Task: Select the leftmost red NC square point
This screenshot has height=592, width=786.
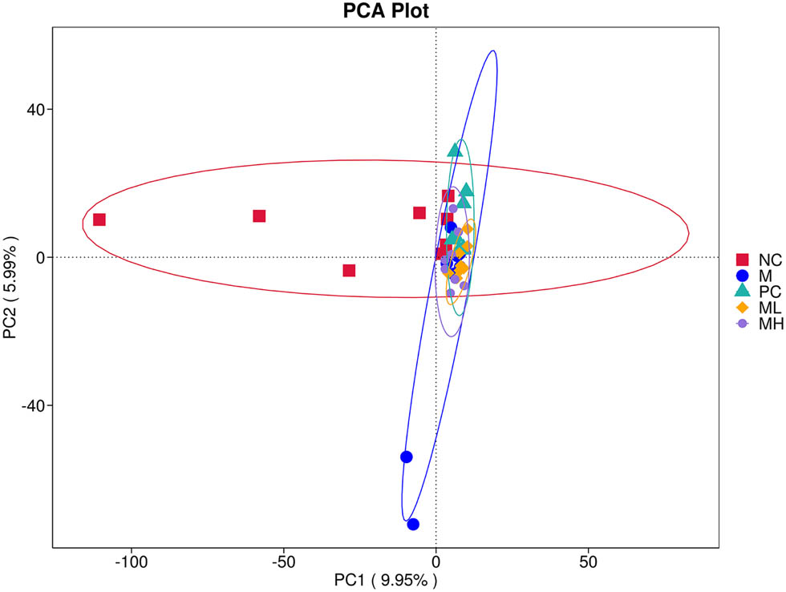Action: [99, 219]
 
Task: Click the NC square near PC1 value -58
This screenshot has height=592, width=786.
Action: [259, 216]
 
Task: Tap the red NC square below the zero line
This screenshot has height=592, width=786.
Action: [349, 270]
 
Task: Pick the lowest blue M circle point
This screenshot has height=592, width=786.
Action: [413, 524]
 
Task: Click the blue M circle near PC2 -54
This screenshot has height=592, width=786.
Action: [407, 457]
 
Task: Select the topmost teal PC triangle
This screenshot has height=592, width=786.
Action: [455, 150]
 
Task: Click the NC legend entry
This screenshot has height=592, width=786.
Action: [757, 260]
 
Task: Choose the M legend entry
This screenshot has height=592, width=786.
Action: [755, 276]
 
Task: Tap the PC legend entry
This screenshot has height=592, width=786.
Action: [757, 292]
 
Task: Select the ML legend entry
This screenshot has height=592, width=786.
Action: [757, 308]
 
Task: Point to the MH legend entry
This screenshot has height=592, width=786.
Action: [758, 324]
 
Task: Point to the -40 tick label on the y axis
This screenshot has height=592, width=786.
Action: [30, 405]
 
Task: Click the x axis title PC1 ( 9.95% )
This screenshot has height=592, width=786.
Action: [387, 578]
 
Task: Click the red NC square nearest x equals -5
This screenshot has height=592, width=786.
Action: [419, 213]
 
